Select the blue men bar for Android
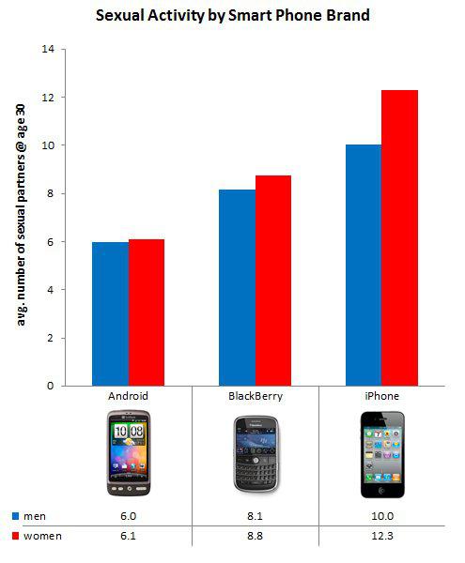[x=110, y=313]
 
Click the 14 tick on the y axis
[x=48, y=49]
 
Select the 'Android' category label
[x=129, y=396]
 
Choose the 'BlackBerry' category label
[x=255, y=396]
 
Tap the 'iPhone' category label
[x=381, y=396]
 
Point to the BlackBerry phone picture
[x=255, y=456]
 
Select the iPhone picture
[x=381, y=454]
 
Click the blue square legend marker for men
[x=16, y=515]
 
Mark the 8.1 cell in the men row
[x=255, y=515]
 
